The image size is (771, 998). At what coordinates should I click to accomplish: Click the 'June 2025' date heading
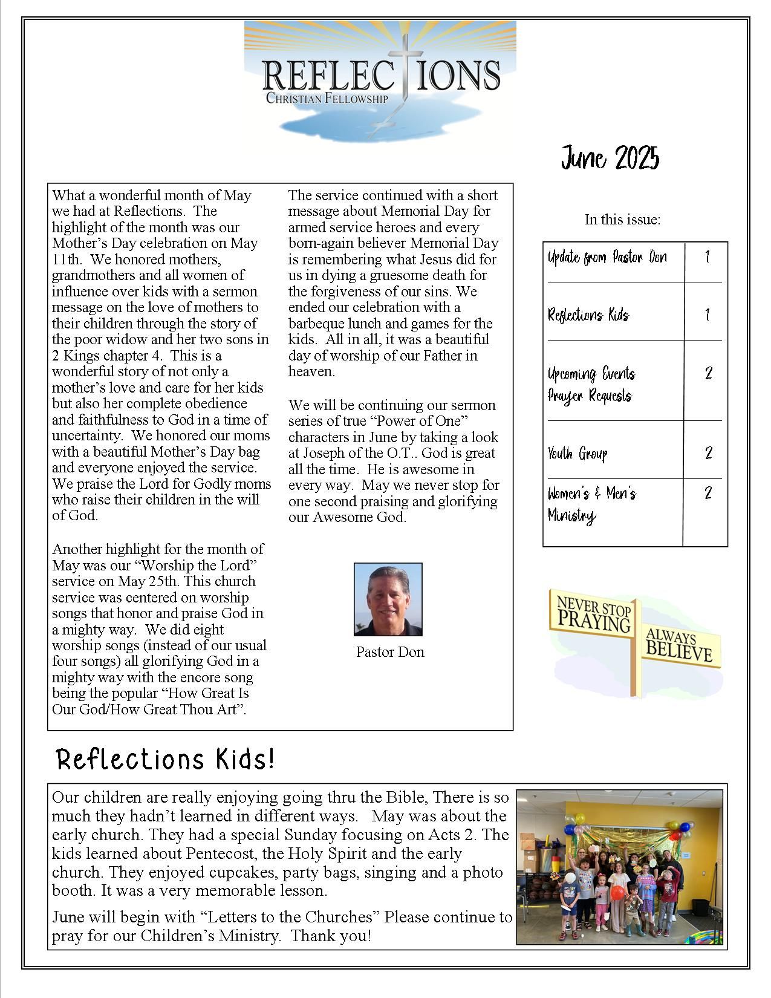610,158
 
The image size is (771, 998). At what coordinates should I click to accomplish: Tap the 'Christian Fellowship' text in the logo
327,98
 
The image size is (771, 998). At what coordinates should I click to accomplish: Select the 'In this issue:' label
622,220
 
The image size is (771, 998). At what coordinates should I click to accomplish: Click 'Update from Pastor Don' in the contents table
607,258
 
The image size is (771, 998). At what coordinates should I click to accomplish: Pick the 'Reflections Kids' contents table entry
588,315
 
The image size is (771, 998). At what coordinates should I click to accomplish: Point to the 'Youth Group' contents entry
577,454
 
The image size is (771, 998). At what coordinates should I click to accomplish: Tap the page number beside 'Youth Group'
708,453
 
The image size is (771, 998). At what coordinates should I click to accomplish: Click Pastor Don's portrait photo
388,599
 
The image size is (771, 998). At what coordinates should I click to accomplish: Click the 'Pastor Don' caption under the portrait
390,652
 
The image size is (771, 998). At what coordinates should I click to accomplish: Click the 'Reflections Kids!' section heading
165,759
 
